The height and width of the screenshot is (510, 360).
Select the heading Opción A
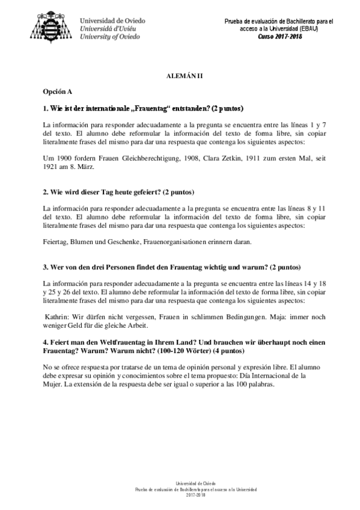(58, 91)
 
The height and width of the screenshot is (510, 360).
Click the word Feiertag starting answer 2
(55, 242)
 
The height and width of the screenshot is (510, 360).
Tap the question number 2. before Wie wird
(46, 192)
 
